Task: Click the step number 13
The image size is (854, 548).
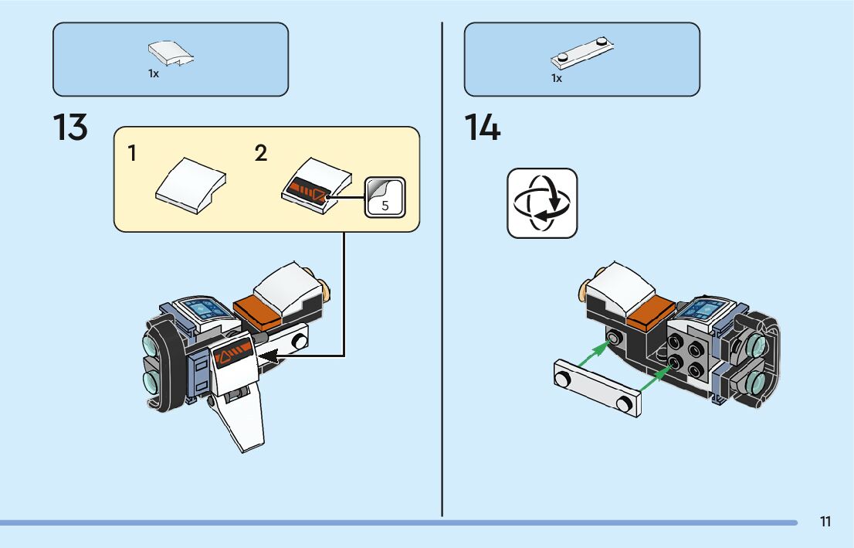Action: point(70,128)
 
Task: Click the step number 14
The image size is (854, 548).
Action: point(483,128)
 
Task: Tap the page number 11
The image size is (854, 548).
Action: point(825,522)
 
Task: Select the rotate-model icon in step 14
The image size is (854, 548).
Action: point(542,203)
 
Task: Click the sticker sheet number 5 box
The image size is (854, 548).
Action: point(385,196)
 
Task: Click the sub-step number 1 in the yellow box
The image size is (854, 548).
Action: point(133,154)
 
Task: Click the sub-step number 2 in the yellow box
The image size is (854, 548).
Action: point(261,154)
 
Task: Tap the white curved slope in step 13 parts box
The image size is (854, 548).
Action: point(170,53)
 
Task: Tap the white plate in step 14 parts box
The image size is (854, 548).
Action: point(582,53)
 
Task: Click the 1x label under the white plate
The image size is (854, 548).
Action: point(557,78)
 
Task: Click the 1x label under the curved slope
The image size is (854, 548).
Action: point(154,74)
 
